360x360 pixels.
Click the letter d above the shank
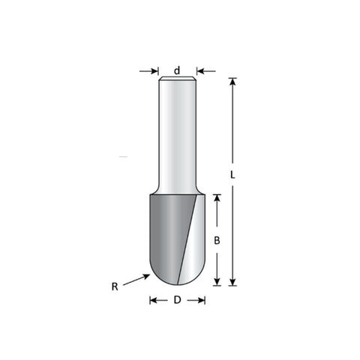(177, 70)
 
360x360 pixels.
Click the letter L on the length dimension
(232, 175)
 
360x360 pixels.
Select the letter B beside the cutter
(217, 241)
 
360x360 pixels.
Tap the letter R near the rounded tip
(115, 286)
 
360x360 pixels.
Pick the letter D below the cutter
(177, 300)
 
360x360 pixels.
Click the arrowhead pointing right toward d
(154, 71)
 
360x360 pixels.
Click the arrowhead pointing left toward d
(201, 71)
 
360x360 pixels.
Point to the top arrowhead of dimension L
(232, 82)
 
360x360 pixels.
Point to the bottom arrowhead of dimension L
(232, 282)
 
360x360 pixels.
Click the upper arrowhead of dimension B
(217, 199)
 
